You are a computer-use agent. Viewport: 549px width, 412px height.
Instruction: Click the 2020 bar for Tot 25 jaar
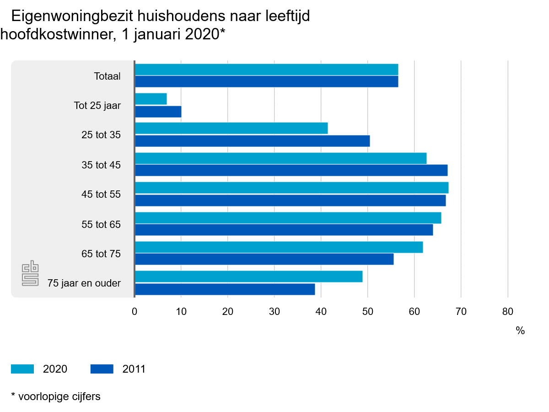tap(151, 99)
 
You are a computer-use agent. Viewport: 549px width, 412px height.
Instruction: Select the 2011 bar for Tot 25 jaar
tap(158, 111)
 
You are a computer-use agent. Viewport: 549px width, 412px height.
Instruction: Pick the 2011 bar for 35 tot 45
tap(291, 170)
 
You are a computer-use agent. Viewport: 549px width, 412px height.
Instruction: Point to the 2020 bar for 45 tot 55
tap(291, 188)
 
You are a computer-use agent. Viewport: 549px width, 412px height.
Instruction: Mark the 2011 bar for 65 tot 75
tap(264, 259)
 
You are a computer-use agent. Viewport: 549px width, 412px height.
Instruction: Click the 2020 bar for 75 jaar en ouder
tap(248, 276)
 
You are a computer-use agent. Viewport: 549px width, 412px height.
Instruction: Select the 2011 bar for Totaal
tap(266, 81)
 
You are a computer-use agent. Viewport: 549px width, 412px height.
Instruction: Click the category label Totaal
tap(108, 76)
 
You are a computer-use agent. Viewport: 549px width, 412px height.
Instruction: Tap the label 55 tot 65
tap(101, 224)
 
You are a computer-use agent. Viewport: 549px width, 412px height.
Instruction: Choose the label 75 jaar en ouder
tap(84, 283)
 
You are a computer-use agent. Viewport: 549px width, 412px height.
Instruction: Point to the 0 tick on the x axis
tap(135, 312)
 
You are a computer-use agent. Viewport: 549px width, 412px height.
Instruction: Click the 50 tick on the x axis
tap(368, 312)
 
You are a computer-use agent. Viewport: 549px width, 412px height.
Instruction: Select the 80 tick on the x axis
tap(508, 312)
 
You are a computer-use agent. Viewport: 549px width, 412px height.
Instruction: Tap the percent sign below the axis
tap(520, 331)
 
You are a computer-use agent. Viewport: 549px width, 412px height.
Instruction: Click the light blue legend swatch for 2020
tap(22, 369)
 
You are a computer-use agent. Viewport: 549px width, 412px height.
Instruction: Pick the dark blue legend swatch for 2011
tap(102, 369)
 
